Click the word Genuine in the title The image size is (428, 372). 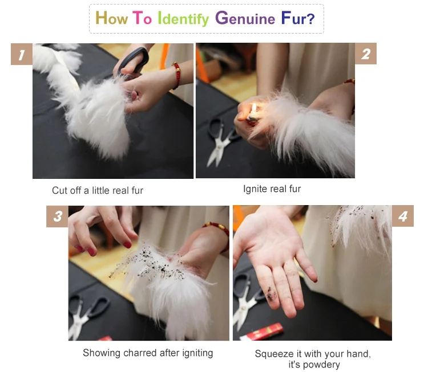245,18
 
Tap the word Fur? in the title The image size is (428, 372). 298,18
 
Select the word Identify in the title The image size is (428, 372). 183,19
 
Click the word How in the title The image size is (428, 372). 111,18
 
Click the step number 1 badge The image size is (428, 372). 22,54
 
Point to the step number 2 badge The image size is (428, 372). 365,54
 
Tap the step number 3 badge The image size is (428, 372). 57,216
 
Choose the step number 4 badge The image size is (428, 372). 403,216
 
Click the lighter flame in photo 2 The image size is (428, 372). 254,108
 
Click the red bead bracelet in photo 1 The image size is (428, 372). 176,76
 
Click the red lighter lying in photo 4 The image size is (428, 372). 263,332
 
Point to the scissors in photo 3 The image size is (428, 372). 86,316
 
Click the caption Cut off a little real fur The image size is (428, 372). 98,190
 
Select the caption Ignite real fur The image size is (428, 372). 272,189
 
